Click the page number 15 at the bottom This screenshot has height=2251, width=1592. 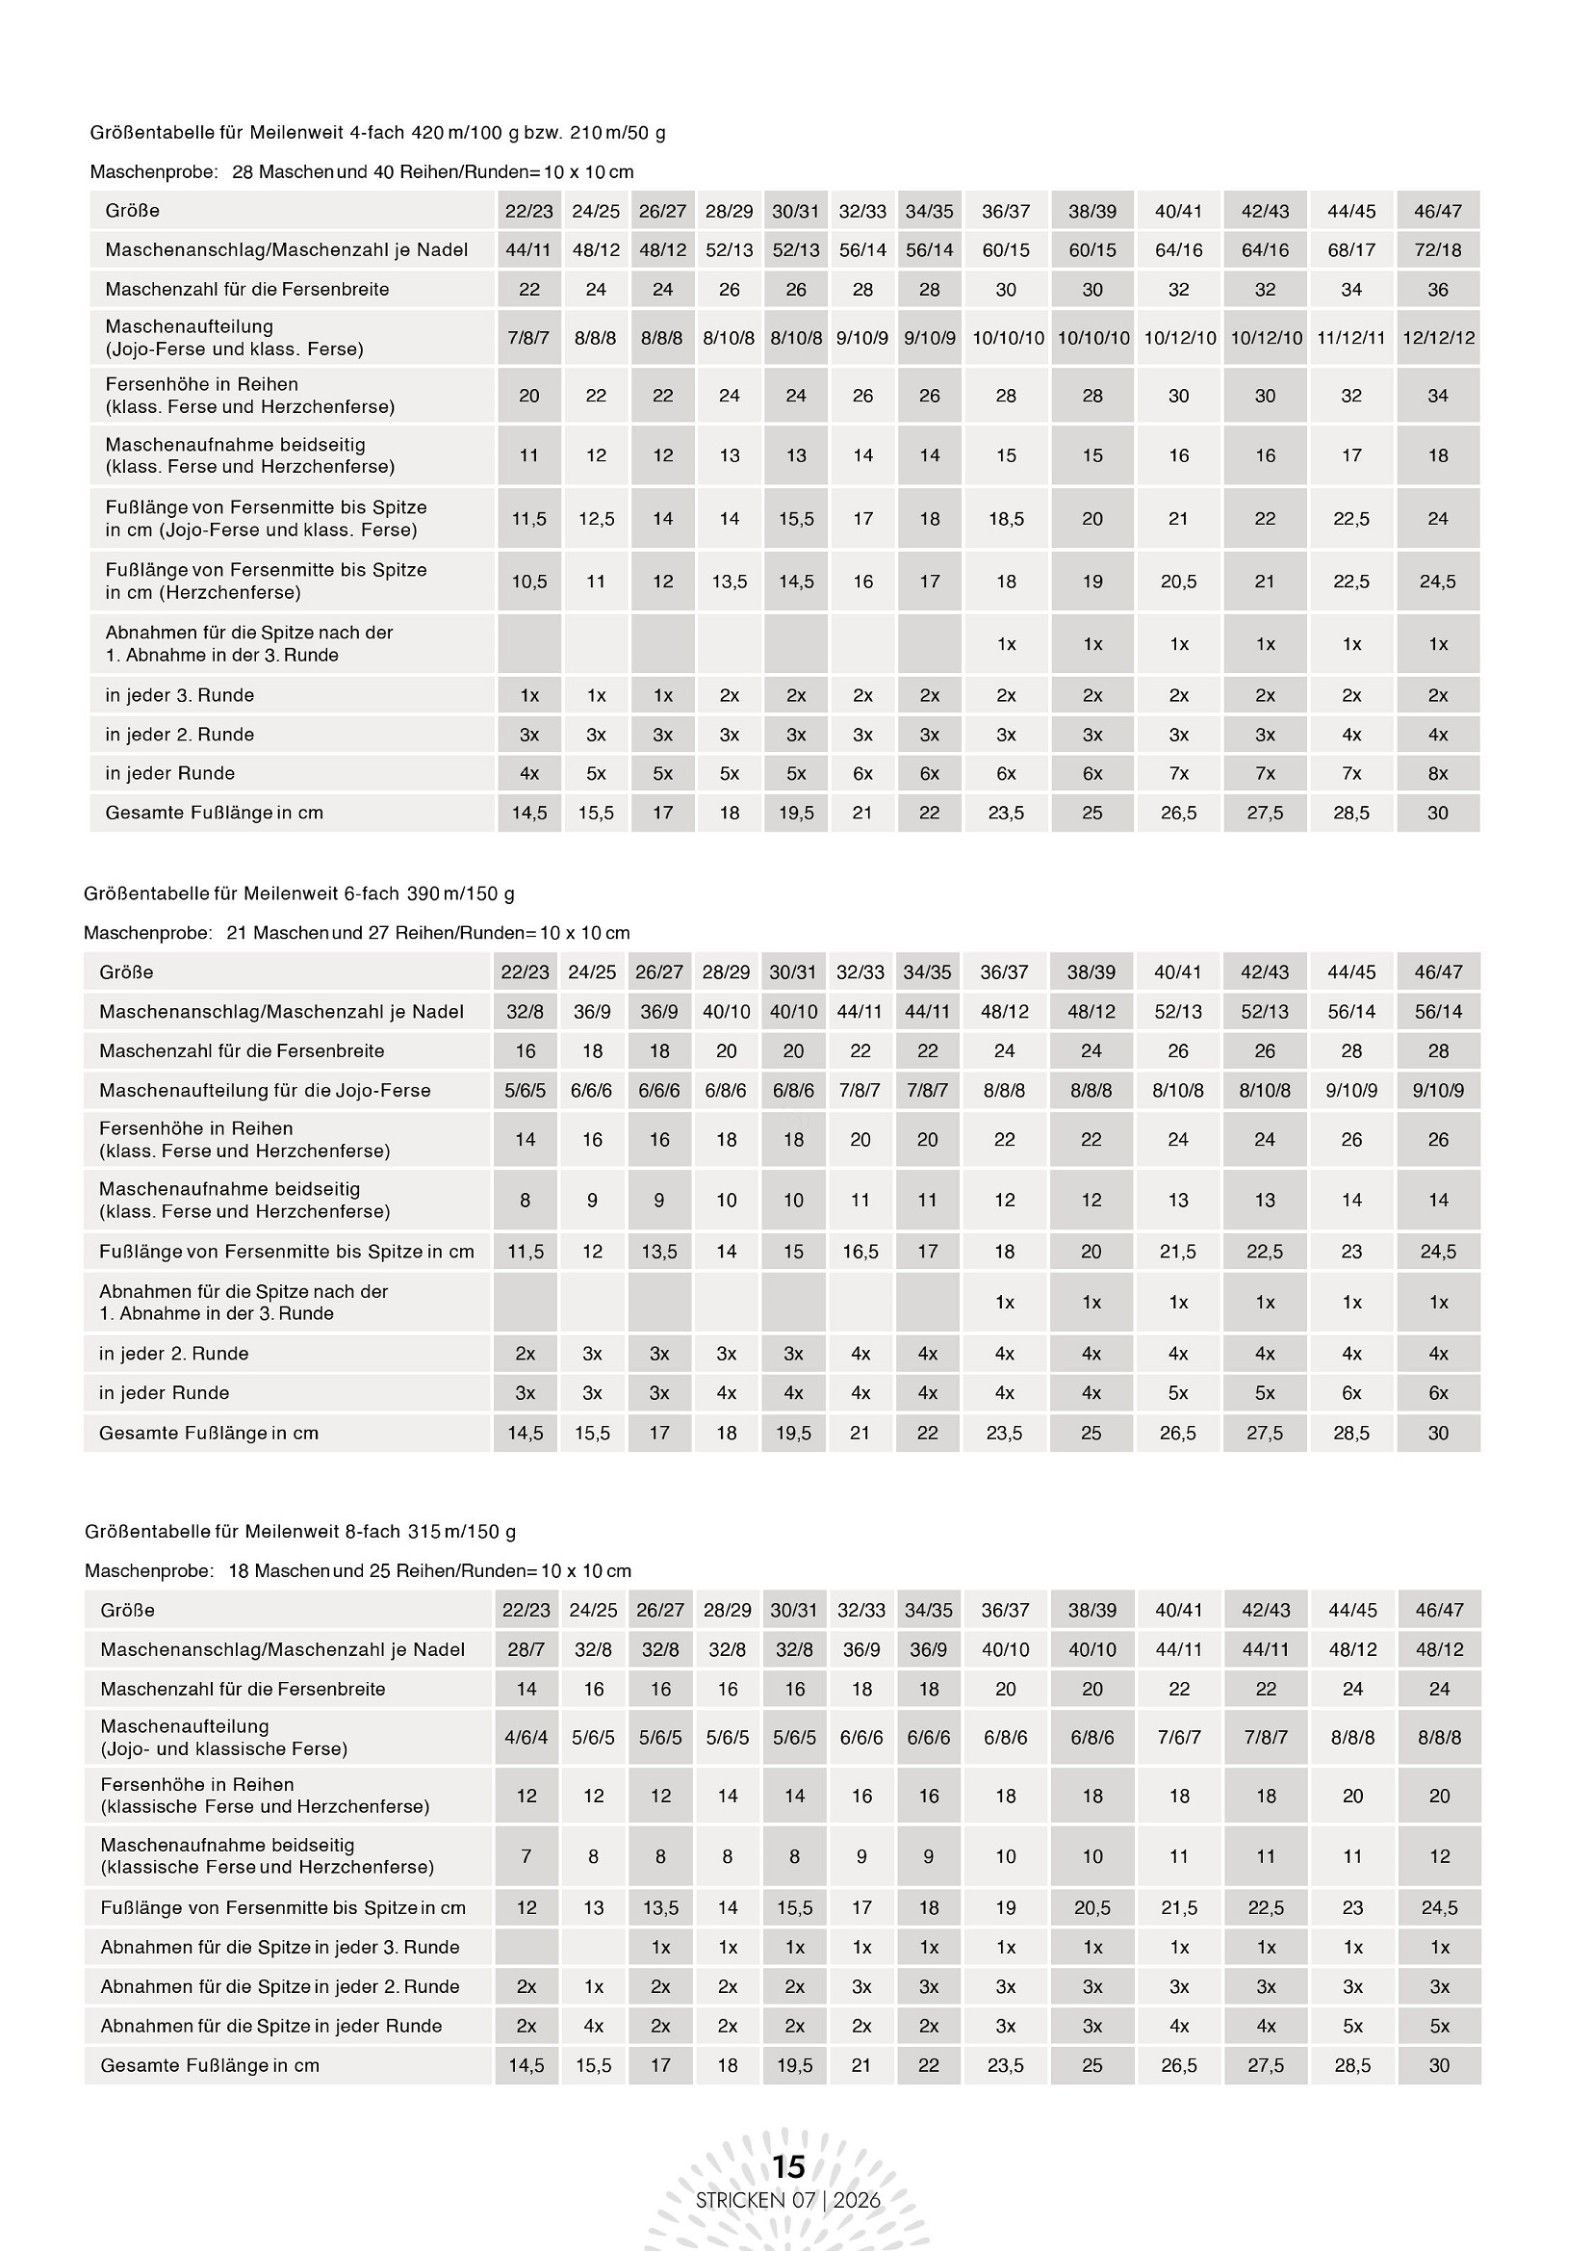(788, 2165)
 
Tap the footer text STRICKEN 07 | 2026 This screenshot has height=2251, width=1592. (788, 2199)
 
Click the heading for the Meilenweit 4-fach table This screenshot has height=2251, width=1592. (377, 132)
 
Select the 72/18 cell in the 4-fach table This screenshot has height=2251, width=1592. (1437, 250)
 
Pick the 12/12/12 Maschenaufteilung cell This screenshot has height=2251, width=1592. (1437, 337)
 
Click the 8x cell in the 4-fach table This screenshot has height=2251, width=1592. (1437, 773)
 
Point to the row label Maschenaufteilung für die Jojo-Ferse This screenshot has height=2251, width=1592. (265, 1090)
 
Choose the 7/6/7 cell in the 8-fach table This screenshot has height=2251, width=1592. (1178, 1737)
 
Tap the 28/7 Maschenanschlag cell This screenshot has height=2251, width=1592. (526, 1649)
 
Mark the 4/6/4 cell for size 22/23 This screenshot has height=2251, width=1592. (526, 1737)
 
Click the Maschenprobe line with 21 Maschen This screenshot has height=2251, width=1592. (357, 932)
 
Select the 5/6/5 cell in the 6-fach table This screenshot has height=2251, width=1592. (526, 1090)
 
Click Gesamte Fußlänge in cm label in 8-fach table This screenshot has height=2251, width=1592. (210, 2065)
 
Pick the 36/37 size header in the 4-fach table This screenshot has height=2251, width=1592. (1006, 211)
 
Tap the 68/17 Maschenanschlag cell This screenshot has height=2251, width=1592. (1350, 250)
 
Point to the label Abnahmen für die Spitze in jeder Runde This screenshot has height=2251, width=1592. (270, 2026)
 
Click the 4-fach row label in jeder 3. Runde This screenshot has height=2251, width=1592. (179, 695)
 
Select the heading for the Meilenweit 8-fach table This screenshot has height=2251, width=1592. (300, 1532)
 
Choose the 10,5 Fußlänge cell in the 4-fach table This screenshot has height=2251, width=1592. (529, 582)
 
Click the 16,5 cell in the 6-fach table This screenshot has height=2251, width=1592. (860, 1251)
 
